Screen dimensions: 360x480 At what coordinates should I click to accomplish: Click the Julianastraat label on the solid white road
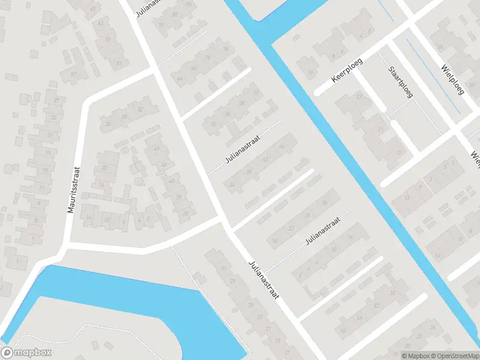pos(264,283)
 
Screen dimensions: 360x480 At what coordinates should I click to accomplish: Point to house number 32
pos(140,109)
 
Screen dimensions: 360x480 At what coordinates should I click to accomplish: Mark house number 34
pos(232,184)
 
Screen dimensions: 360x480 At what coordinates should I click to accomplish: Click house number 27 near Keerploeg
pos(359,97)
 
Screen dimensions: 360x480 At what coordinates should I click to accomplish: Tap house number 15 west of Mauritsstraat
pos(45,170)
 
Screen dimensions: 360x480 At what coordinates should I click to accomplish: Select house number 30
pos(324,203)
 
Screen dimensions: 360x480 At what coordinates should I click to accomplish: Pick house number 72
pos(208,58)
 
